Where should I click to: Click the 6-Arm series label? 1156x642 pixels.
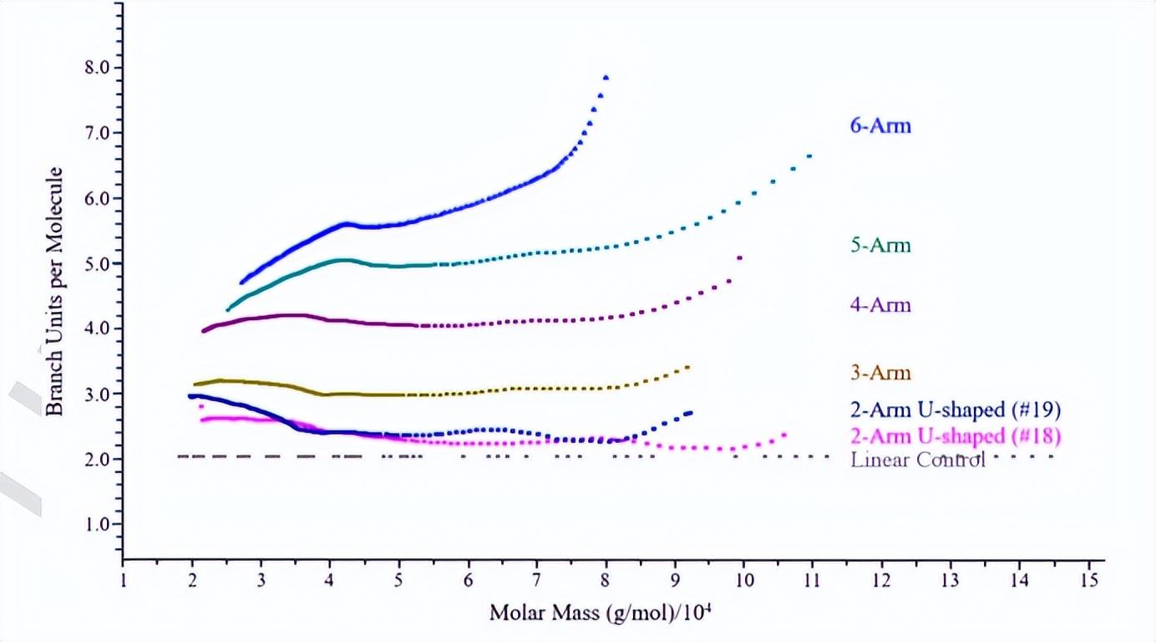tap(880, 127)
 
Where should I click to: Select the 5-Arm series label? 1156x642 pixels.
tap(880, 246)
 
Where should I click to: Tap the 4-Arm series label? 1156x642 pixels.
tap(880, 305)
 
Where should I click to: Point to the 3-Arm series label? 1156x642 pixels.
tap(880, 373)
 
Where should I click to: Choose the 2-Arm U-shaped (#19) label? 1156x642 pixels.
tap(956, 410)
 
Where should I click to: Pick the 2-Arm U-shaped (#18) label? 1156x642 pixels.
tap(956, 436)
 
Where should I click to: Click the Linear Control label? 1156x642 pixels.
tap(918, 460)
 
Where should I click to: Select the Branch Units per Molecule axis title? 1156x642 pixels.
tap(53, 291)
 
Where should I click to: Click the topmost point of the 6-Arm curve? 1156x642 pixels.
tap(606, 77)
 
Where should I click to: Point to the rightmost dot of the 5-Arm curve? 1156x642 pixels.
tap(809, 155)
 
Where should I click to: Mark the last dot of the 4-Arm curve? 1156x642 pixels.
tap(740, 257)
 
